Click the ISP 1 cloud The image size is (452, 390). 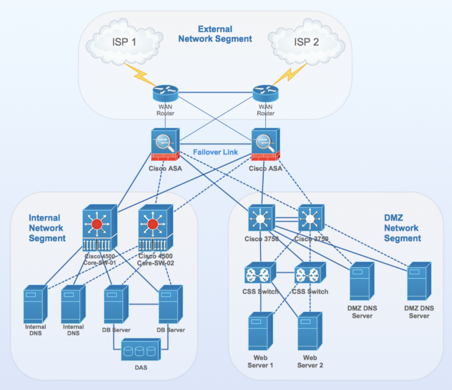pos(124,42)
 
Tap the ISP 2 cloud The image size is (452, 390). pos(306,42)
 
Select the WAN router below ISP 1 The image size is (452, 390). pos(165,93)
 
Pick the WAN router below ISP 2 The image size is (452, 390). pos(266,93)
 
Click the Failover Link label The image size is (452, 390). pos(215,152)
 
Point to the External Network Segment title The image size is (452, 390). pos(215,34)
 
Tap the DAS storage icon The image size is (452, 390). pos(140,350)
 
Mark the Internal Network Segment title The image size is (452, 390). pos(47,228)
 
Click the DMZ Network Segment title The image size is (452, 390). pos(402,228)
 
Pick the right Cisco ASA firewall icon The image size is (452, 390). pos(266,145)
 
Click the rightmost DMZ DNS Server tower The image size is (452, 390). pos(419,282)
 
